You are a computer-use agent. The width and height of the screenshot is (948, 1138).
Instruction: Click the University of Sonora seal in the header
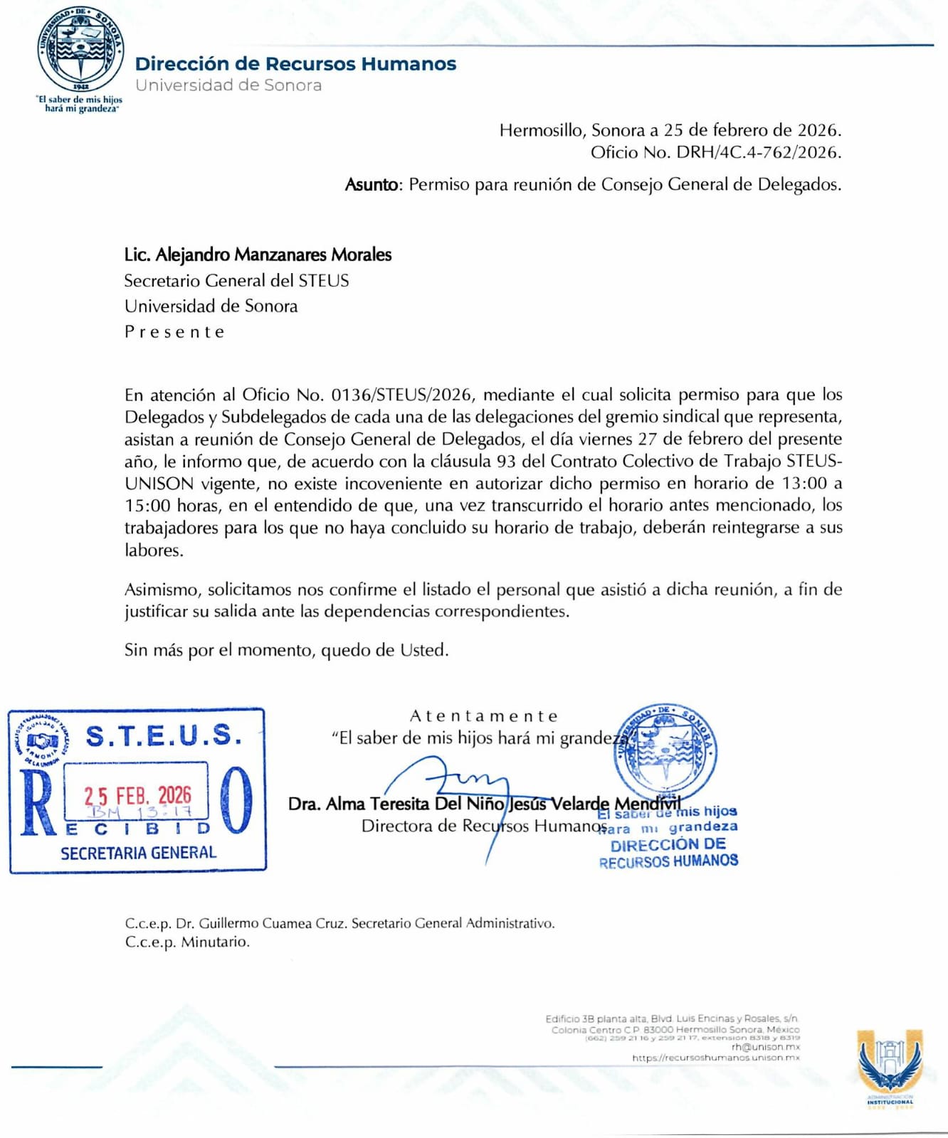click(80, 53)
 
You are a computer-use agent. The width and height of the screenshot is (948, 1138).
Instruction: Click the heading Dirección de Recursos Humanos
click(295, 64)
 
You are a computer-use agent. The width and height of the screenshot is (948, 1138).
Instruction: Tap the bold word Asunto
click(372, 185)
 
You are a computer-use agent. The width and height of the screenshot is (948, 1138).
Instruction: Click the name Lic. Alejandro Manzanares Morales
click(258, 255)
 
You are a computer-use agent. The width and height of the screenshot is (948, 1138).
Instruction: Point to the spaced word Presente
click(174, 332)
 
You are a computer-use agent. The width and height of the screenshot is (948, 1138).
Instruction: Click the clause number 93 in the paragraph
click(506, 461)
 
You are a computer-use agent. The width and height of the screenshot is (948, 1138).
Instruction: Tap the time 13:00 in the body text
click(804, 484)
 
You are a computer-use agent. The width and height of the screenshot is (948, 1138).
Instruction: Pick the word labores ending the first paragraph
click(154, 551)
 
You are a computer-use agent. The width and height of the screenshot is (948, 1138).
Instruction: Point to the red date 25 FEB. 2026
click(138, 794)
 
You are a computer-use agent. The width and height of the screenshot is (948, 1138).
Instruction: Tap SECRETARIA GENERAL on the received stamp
click(138, 853)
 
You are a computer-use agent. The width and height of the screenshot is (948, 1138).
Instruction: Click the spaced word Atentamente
click(484, 716)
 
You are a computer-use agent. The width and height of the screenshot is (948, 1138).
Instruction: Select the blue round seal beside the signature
click(665, 754)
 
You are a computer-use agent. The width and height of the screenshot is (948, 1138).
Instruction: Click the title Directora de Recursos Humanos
click(484, 826)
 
